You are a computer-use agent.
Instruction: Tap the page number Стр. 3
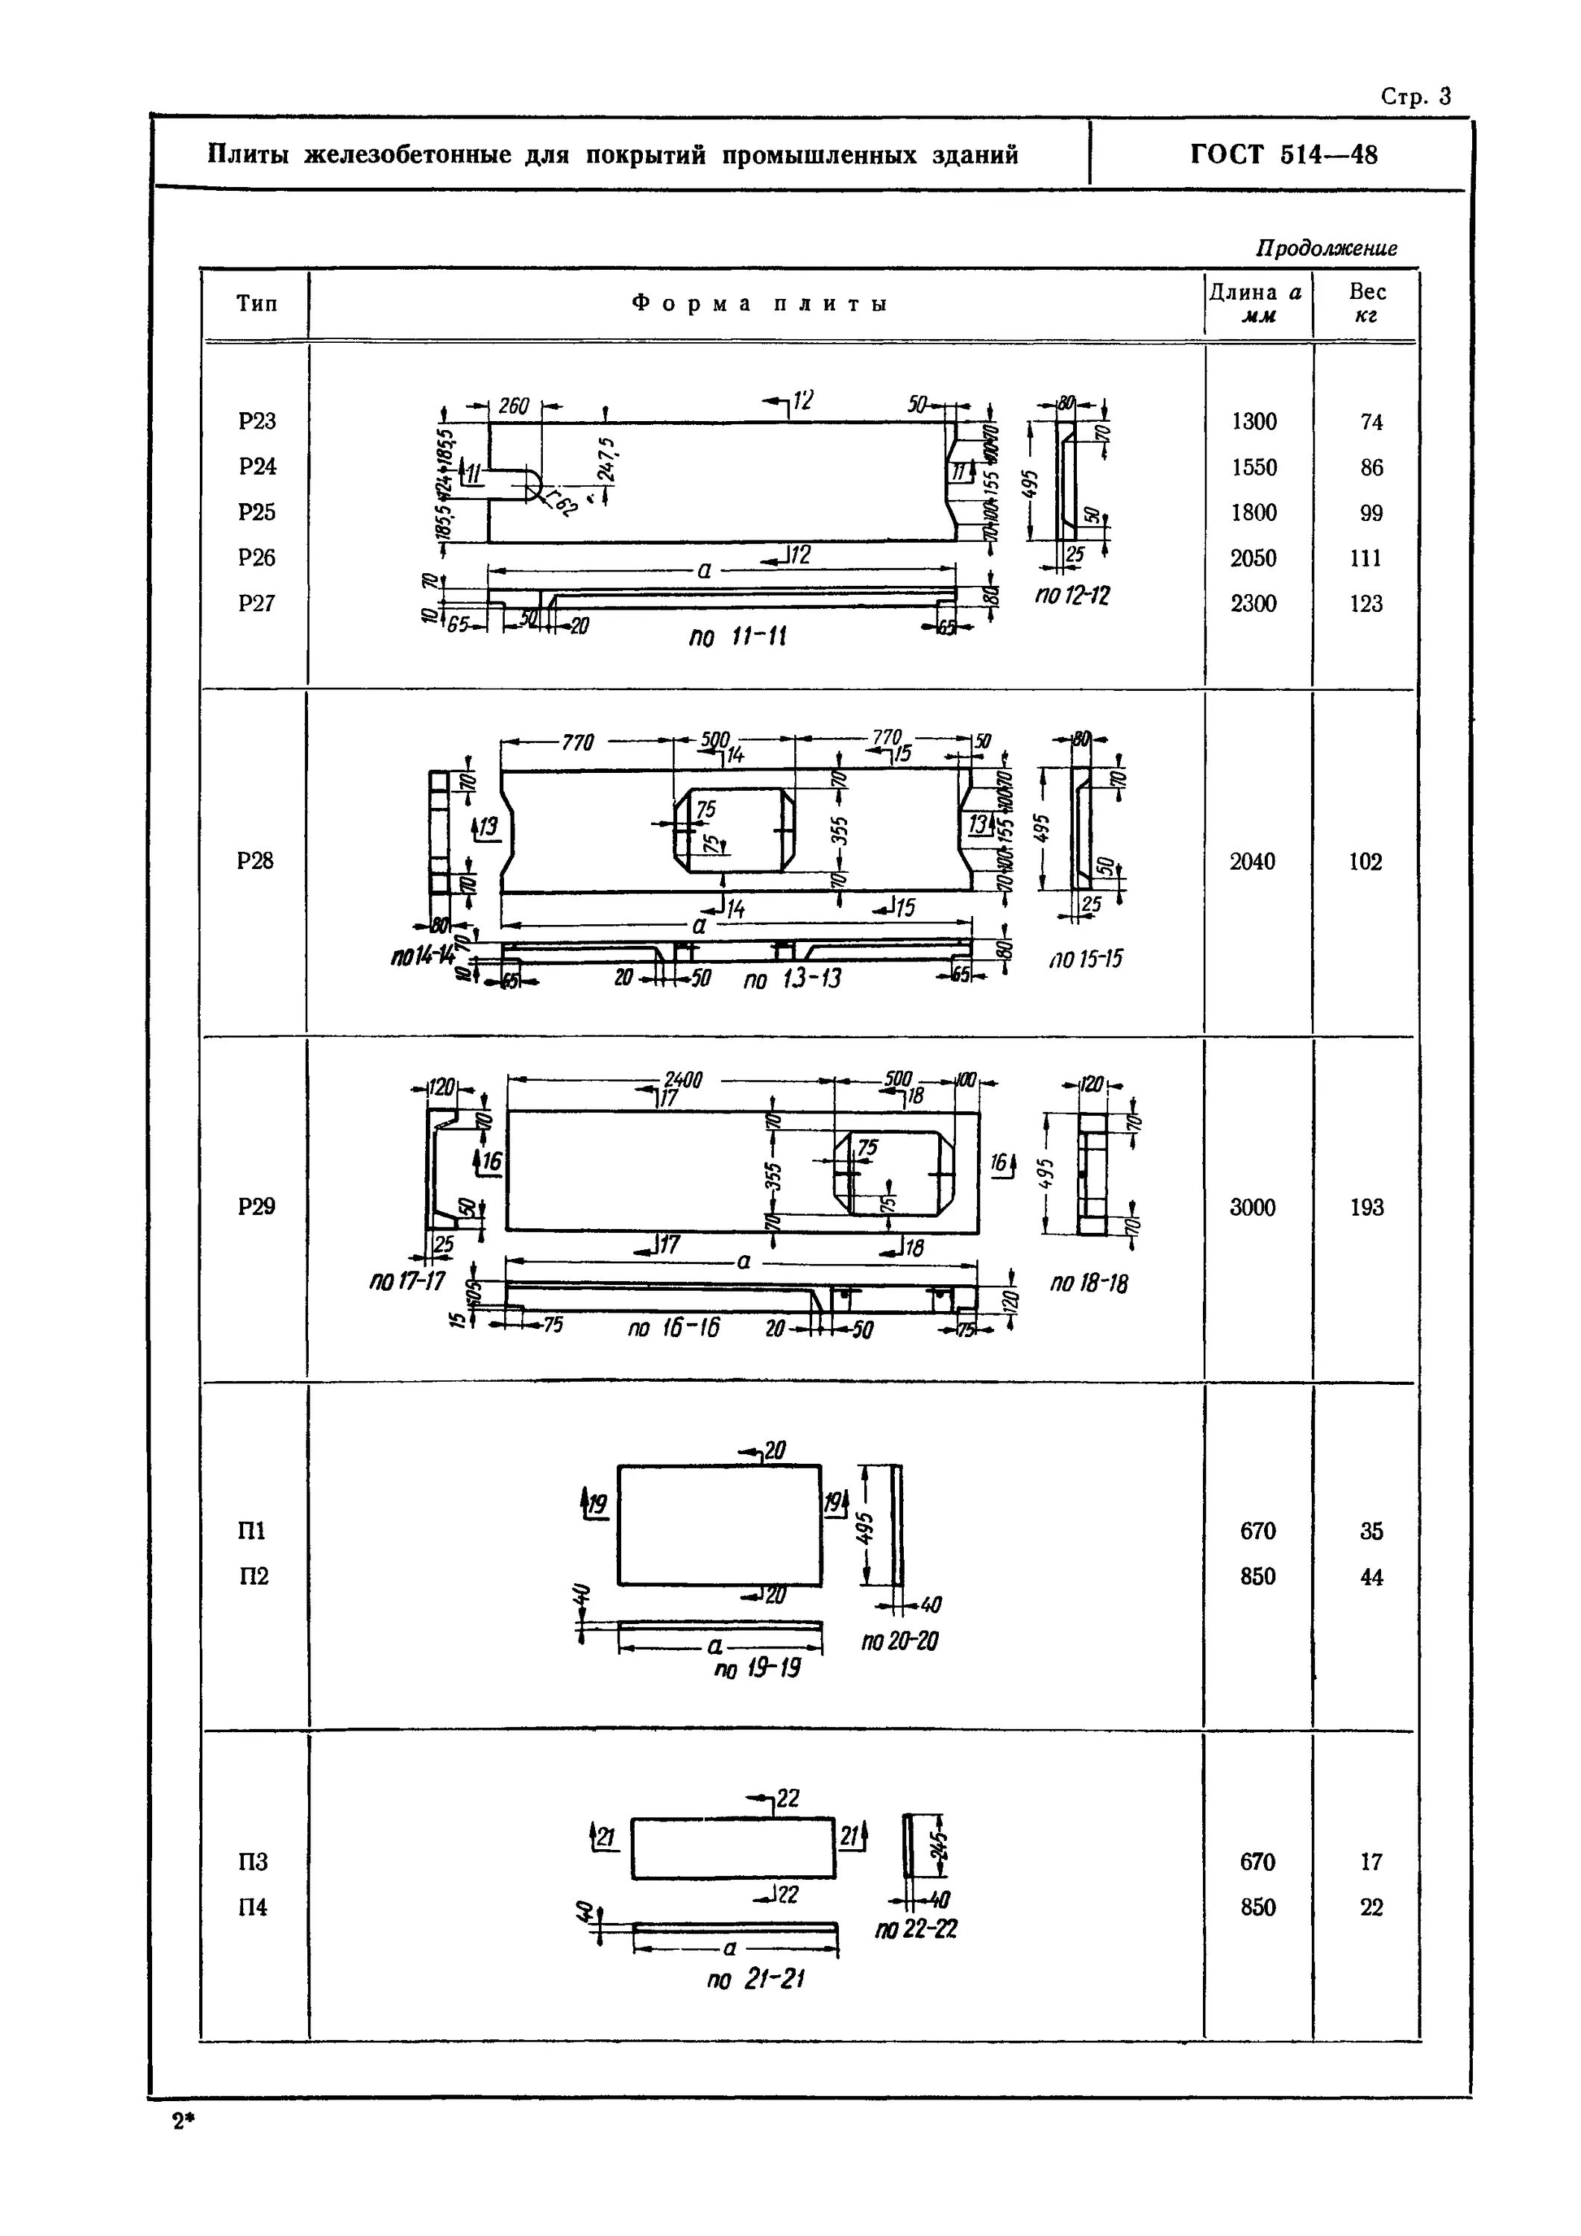1415,96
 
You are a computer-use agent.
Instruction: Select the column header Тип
257,304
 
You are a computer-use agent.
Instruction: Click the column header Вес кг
1367,303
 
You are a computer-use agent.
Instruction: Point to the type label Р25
257,512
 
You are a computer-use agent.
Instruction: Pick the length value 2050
1253,558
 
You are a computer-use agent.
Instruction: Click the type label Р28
255,861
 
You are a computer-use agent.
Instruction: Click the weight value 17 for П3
1371,1862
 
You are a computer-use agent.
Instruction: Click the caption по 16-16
673,1327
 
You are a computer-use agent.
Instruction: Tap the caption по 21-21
755,1980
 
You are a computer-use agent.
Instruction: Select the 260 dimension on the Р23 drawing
513,406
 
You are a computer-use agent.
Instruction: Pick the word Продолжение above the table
1326,248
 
